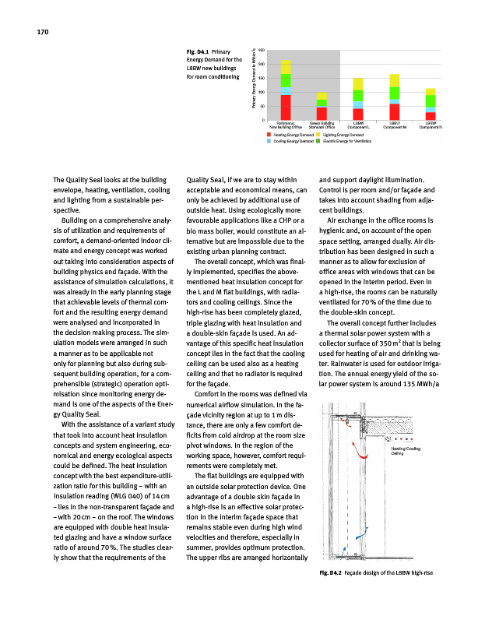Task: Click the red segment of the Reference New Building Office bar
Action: (x=286, y=107)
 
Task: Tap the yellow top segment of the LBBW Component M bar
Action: (x=394, y=80)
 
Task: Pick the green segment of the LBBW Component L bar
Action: (x=358, y=95)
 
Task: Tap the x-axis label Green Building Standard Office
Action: (x=322, y=125)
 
